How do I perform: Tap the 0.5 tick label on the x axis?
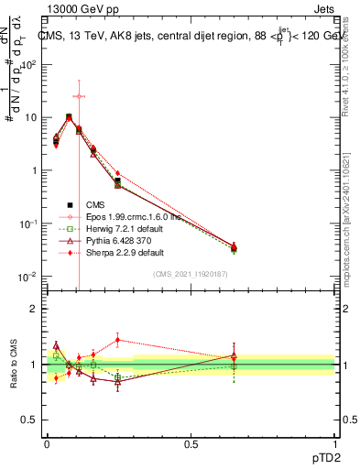coord(191,442)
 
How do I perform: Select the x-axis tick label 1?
coord(335,442)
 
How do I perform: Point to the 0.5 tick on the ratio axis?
coord(29,420)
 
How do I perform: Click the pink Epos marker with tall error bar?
coord(79,96)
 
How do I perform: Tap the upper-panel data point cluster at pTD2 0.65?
coord(234,247)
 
